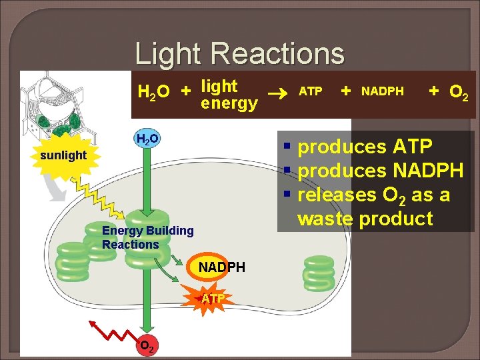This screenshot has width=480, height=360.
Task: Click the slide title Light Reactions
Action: pyautogui.click(x=240, y=53)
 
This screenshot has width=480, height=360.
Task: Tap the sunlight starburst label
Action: pyautogui.click(x=63, y=155)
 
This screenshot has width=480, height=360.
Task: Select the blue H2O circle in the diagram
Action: pyautogui.click(x=147, y=139)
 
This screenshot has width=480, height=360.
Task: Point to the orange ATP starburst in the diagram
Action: pyautogui.click(x=213, y=298)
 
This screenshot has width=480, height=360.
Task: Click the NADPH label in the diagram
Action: pyautogui.click(x=222, y=267)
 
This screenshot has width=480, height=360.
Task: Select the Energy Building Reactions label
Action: pyautogui.click(x=147, y=237)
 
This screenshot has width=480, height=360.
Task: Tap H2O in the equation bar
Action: pyautogui.click(x=153, y=91)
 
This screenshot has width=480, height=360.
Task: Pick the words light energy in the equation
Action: pyautogui.click(x=229, y=95)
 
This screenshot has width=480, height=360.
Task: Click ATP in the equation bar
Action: pyautogui.click(x=310, y=91)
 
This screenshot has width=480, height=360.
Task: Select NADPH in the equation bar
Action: pyautogui.click(x=382, y=91)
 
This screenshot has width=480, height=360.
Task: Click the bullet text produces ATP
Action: pyautogui.click(x=365, y=147)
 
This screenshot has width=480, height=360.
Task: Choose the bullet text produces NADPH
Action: pyautogui.click(x=380, y=171)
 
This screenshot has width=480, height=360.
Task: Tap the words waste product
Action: pyautogui.click(x=365, y=218)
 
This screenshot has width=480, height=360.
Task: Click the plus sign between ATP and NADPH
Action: pyautogui.click(x=346, y=90)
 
